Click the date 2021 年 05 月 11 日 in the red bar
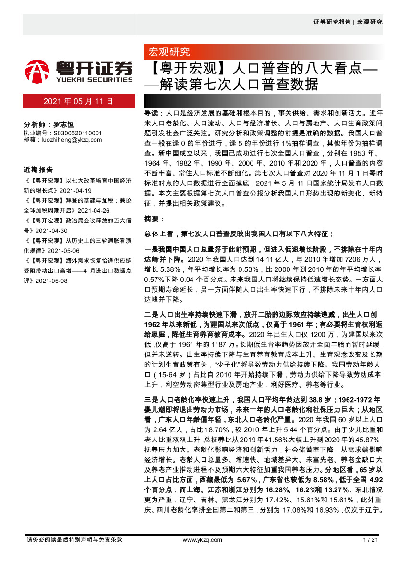(78, 101)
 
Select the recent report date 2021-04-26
(94, 210)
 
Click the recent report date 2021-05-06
(63, 251)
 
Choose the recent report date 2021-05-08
(52, 281)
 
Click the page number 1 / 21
(372, 540)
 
